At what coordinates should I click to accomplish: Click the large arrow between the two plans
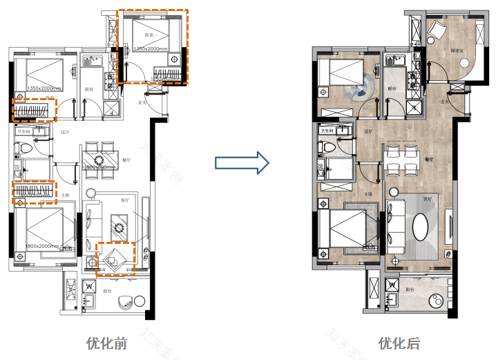click(241, 162)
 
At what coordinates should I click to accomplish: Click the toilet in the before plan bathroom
click(23, 146)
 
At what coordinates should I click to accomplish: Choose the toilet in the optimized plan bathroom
click(329, 146)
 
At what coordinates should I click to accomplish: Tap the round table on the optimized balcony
click(438, 301)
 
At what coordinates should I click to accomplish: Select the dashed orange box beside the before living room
click(115, 259)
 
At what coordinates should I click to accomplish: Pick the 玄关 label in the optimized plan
click(445, 102)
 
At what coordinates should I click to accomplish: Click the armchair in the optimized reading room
click(437, 30)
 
